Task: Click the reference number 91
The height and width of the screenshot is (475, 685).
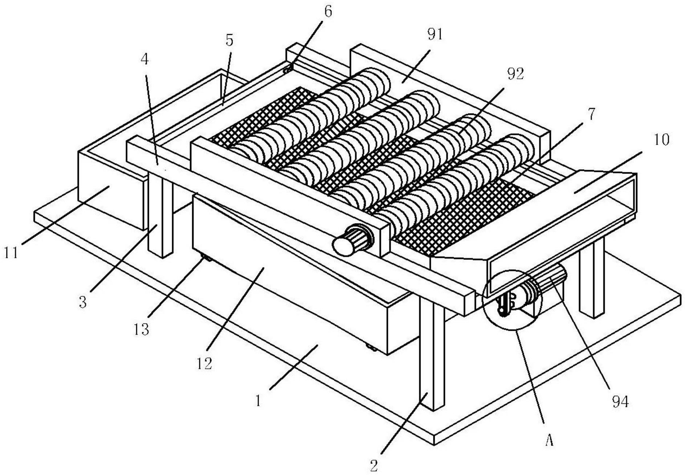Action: (435, 35)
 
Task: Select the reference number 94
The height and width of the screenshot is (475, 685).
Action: (620, 402)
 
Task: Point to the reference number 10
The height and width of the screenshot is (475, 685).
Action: (661, 140)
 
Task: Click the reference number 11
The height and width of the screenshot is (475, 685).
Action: (11, 252)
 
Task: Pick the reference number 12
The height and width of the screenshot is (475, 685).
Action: (204, 363)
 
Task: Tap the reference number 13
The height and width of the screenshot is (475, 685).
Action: (141, 329)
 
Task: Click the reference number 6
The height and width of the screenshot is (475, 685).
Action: (328, 12)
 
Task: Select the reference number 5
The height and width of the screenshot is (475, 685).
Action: (229, 40)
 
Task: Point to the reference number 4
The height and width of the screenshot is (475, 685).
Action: (145, 60)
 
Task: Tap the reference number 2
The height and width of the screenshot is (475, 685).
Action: (374, 465)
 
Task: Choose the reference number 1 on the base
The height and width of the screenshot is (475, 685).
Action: (258, 401)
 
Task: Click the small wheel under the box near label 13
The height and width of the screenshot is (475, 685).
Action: (206, 259)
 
